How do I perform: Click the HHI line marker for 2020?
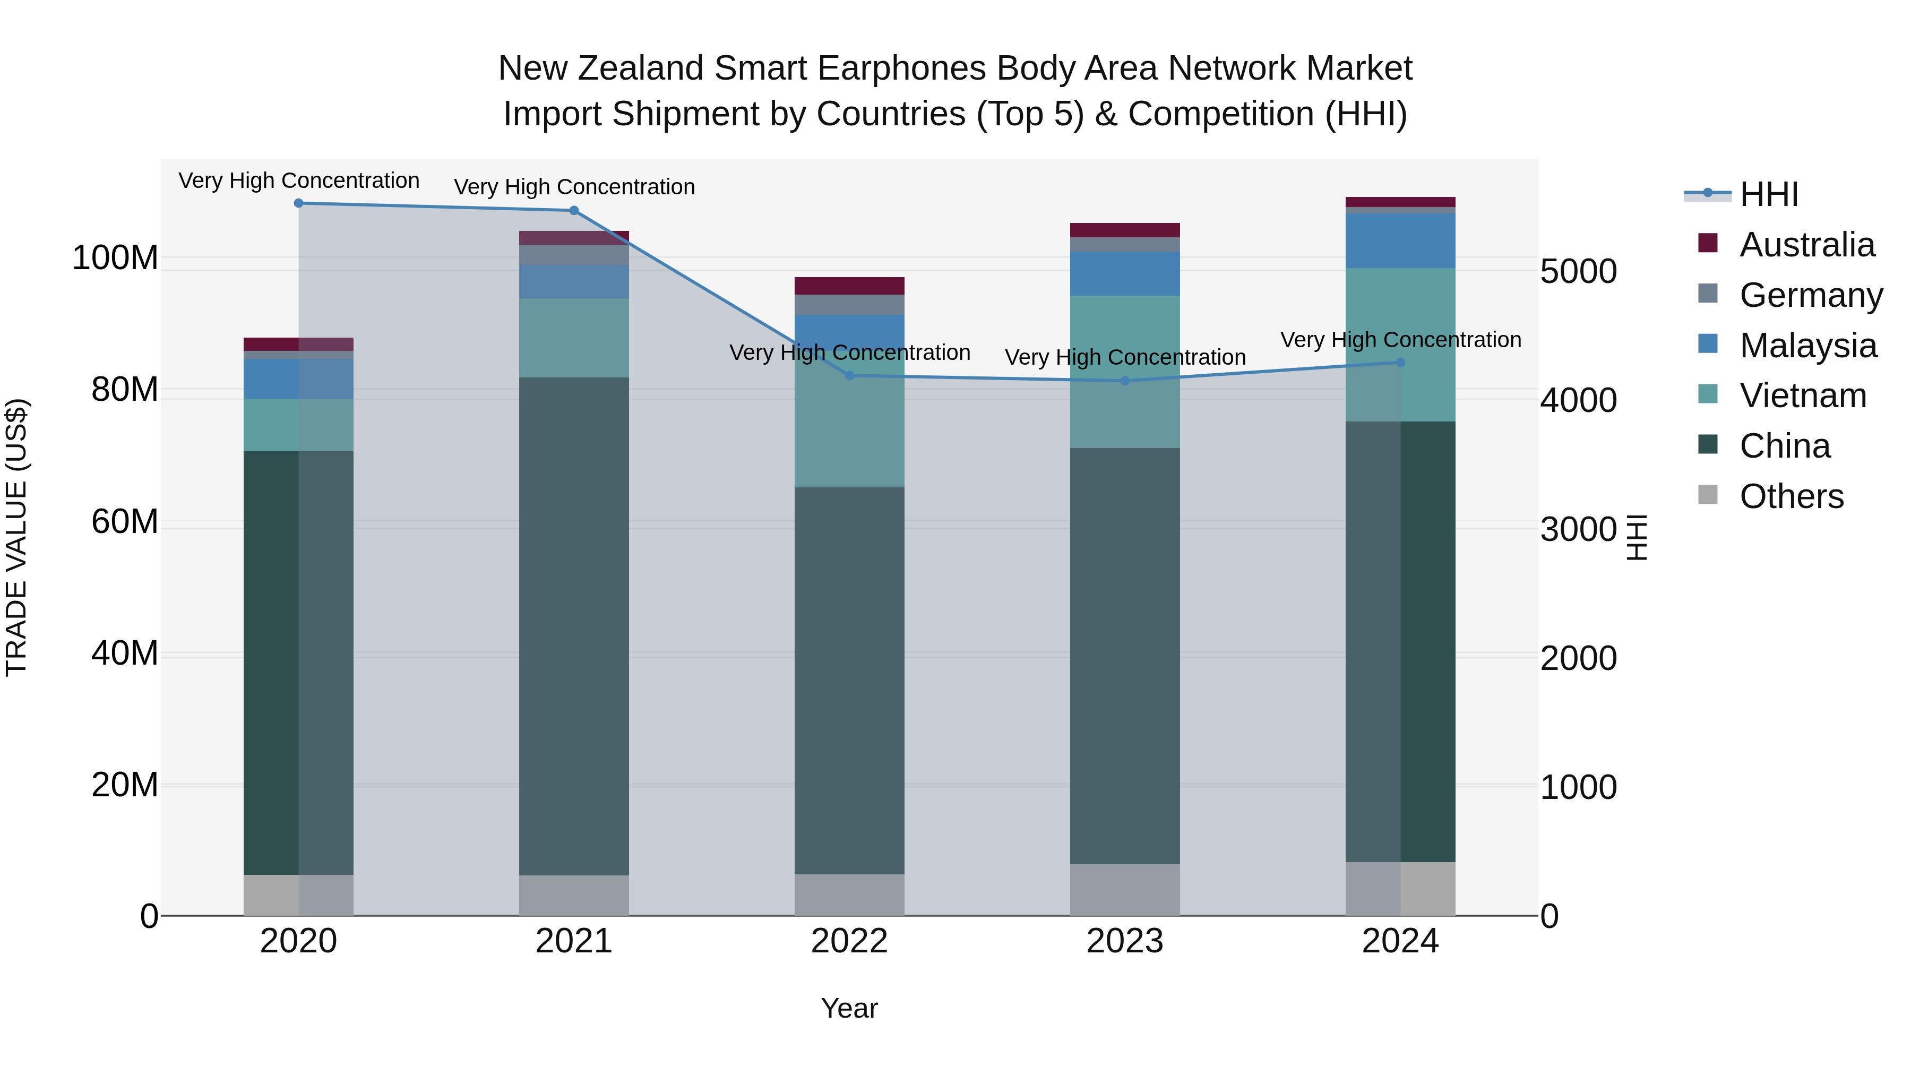(298, 203)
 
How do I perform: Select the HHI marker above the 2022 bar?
(849, 375)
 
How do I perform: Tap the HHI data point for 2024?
(1400, 362)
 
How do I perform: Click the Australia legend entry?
(1806, 245)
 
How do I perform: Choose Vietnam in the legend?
(1802, 395)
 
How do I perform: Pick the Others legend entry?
(1791, 496)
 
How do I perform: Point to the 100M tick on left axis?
(115, 258)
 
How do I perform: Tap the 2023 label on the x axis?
(1125, 941)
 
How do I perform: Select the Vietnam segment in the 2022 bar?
(849, 431)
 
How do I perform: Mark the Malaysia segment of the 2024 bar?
(1400, 240)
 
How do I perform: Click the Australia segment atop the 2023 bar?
(1125, 230)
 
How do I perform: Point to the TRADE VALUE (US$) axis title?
(16, 537)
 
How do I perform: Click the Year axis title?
(849, 1008)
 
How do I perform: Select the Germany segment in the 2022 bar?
(849, 304)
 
